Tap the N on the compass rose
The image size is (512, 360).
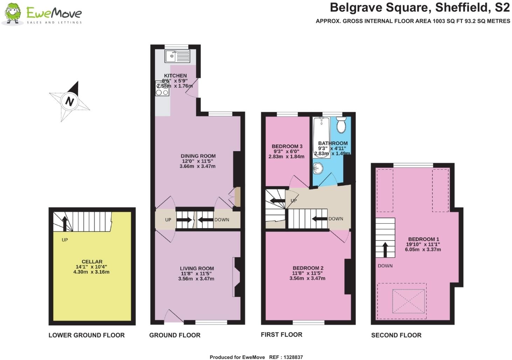[70, 101]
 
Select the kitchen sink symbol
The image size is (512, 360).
[177, 56]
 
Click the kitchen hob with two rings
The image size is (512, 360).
[162, 89]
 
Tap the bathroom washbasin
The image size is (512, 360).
[318, 169]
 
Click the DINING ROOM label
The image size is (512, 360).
[198, 156]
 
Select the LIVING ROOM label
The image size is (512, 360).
[197, 269]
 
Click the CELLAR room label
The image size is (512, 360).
[92, 261]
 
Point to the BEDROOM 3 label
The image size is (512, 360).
[287, 146]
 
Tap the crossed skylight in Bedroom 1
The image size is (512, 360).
[408, 301]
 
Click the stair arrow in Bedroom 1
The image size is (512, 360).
[385, 249]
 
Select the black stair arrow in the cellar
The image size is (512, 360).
[65, 223]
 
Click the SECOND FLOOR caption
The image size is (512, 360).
[396, 335]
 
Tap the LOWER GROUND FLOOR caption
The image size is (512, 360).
[87, 335]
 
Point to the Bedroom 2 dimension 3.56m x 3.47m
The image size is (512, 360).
[307, 278]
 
